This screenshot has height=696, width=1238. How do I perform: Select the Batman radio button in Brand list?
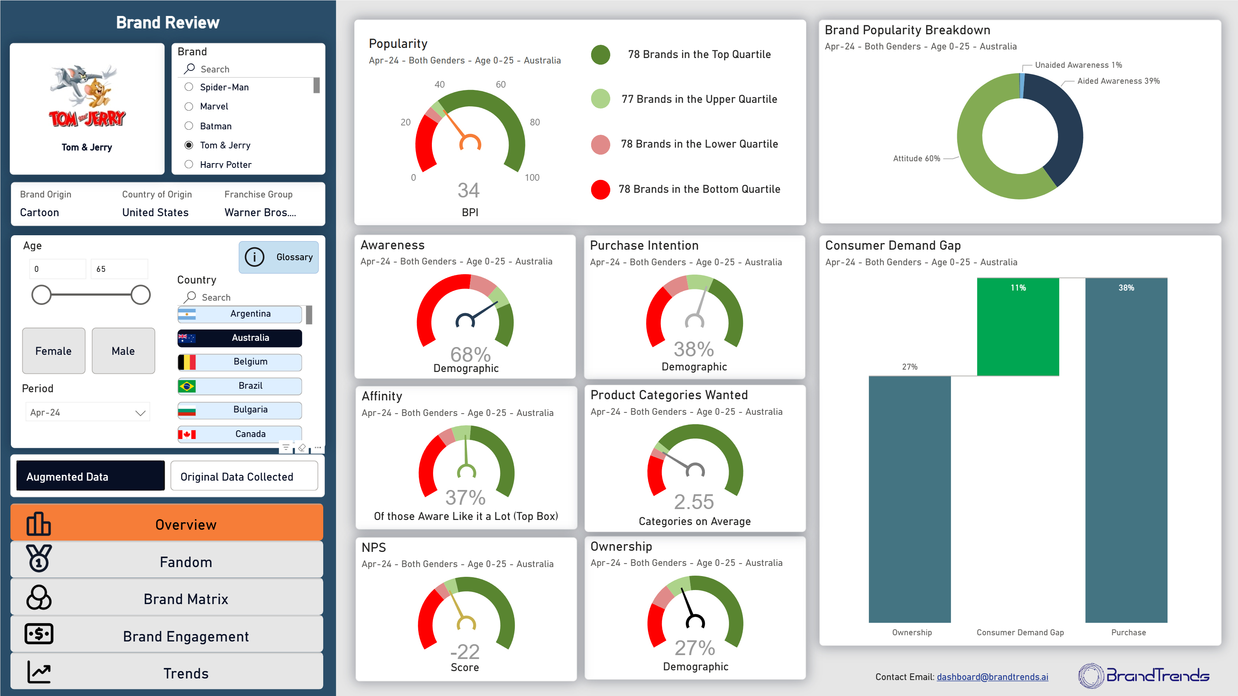point(189,126)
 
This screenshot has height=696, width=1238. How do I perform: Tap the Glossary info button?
point(279,257)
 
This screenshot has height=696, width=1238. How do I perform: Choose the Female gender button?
point(53,351)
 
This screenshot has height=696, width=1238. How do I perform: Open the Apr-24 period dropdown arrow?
point(140,413)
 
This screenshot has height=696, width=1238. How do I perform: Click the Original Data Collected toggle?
point(244,476)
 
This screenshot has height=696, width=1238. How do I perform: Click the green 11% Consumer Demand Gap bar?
point(1018,327)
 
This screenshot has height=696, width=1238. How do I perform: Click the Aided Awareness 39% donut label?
point(1118,81)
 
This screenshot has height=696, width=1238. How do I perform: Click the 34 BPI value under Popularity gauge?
point(468,191)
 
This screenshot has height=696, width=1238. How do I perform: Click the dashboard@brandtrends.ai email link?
point(992,677)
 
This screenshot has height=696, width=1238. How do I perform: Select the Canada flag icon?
point(187,434)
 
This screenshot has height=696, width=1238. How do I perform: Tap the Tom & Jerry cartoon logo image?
point(87,96)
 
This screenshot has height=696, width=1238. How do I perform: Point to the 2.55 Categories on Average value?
point(694,502)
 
